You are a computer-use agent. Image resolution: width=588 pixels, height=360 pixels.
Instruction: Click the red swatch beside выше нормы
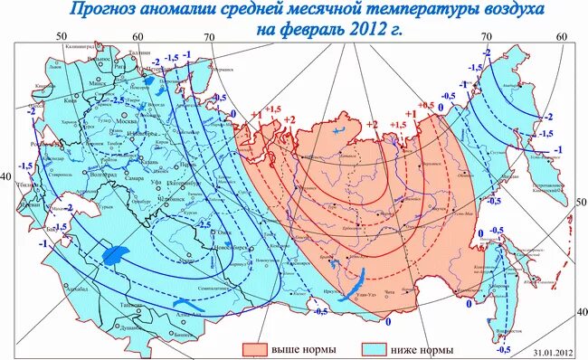(x=257, y=348)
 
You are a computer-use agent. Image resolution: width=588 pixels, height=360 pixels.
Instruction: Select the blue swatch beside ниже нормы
(x=375, y=348)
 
